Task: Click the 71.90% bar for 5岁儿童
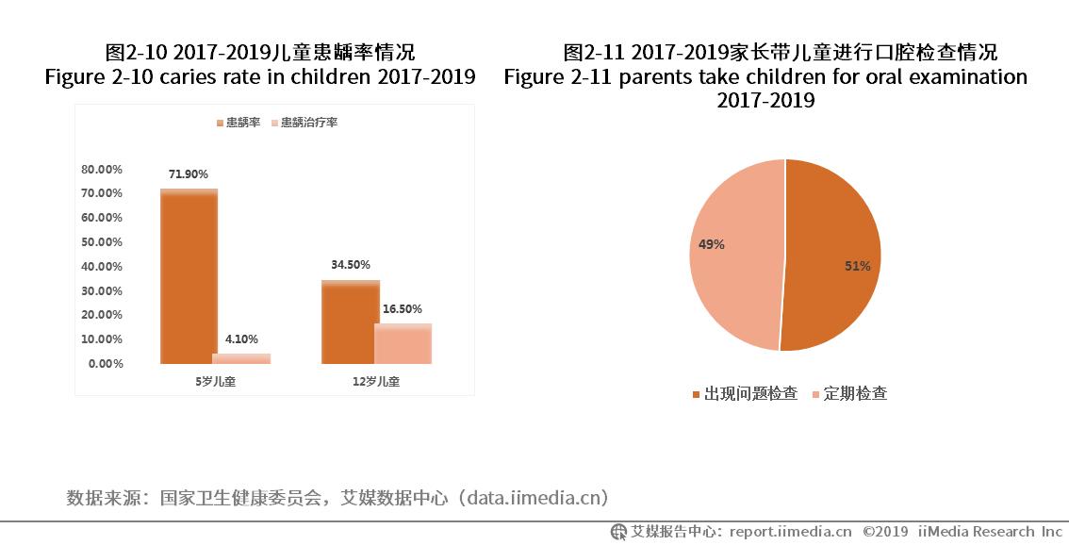tap(189, 276)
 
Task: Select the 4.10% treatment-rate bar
tap(241, 358)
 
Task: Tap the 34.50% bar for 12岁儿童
tap(350, 322)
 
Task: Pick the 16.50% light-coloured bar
tap(403, 344)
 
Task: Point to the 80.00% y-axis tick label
tap(102, 170)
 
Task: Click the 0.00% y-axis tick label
tap(106, 364)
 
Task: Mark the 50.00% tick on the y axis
tap(102, 242)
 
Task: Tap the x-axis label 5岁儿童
tap(215, 382)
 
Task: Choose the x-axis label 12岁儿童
tap(376, 382)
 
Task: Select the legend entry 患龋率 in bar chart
tap(242, 123)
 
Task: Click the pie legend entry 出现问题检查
tap(750, 393)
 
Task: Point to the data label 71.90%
tap(189, 174)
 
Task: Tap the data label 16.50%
tap(403, 309)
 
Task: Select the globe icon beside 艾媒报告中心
tap(618, 531)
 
